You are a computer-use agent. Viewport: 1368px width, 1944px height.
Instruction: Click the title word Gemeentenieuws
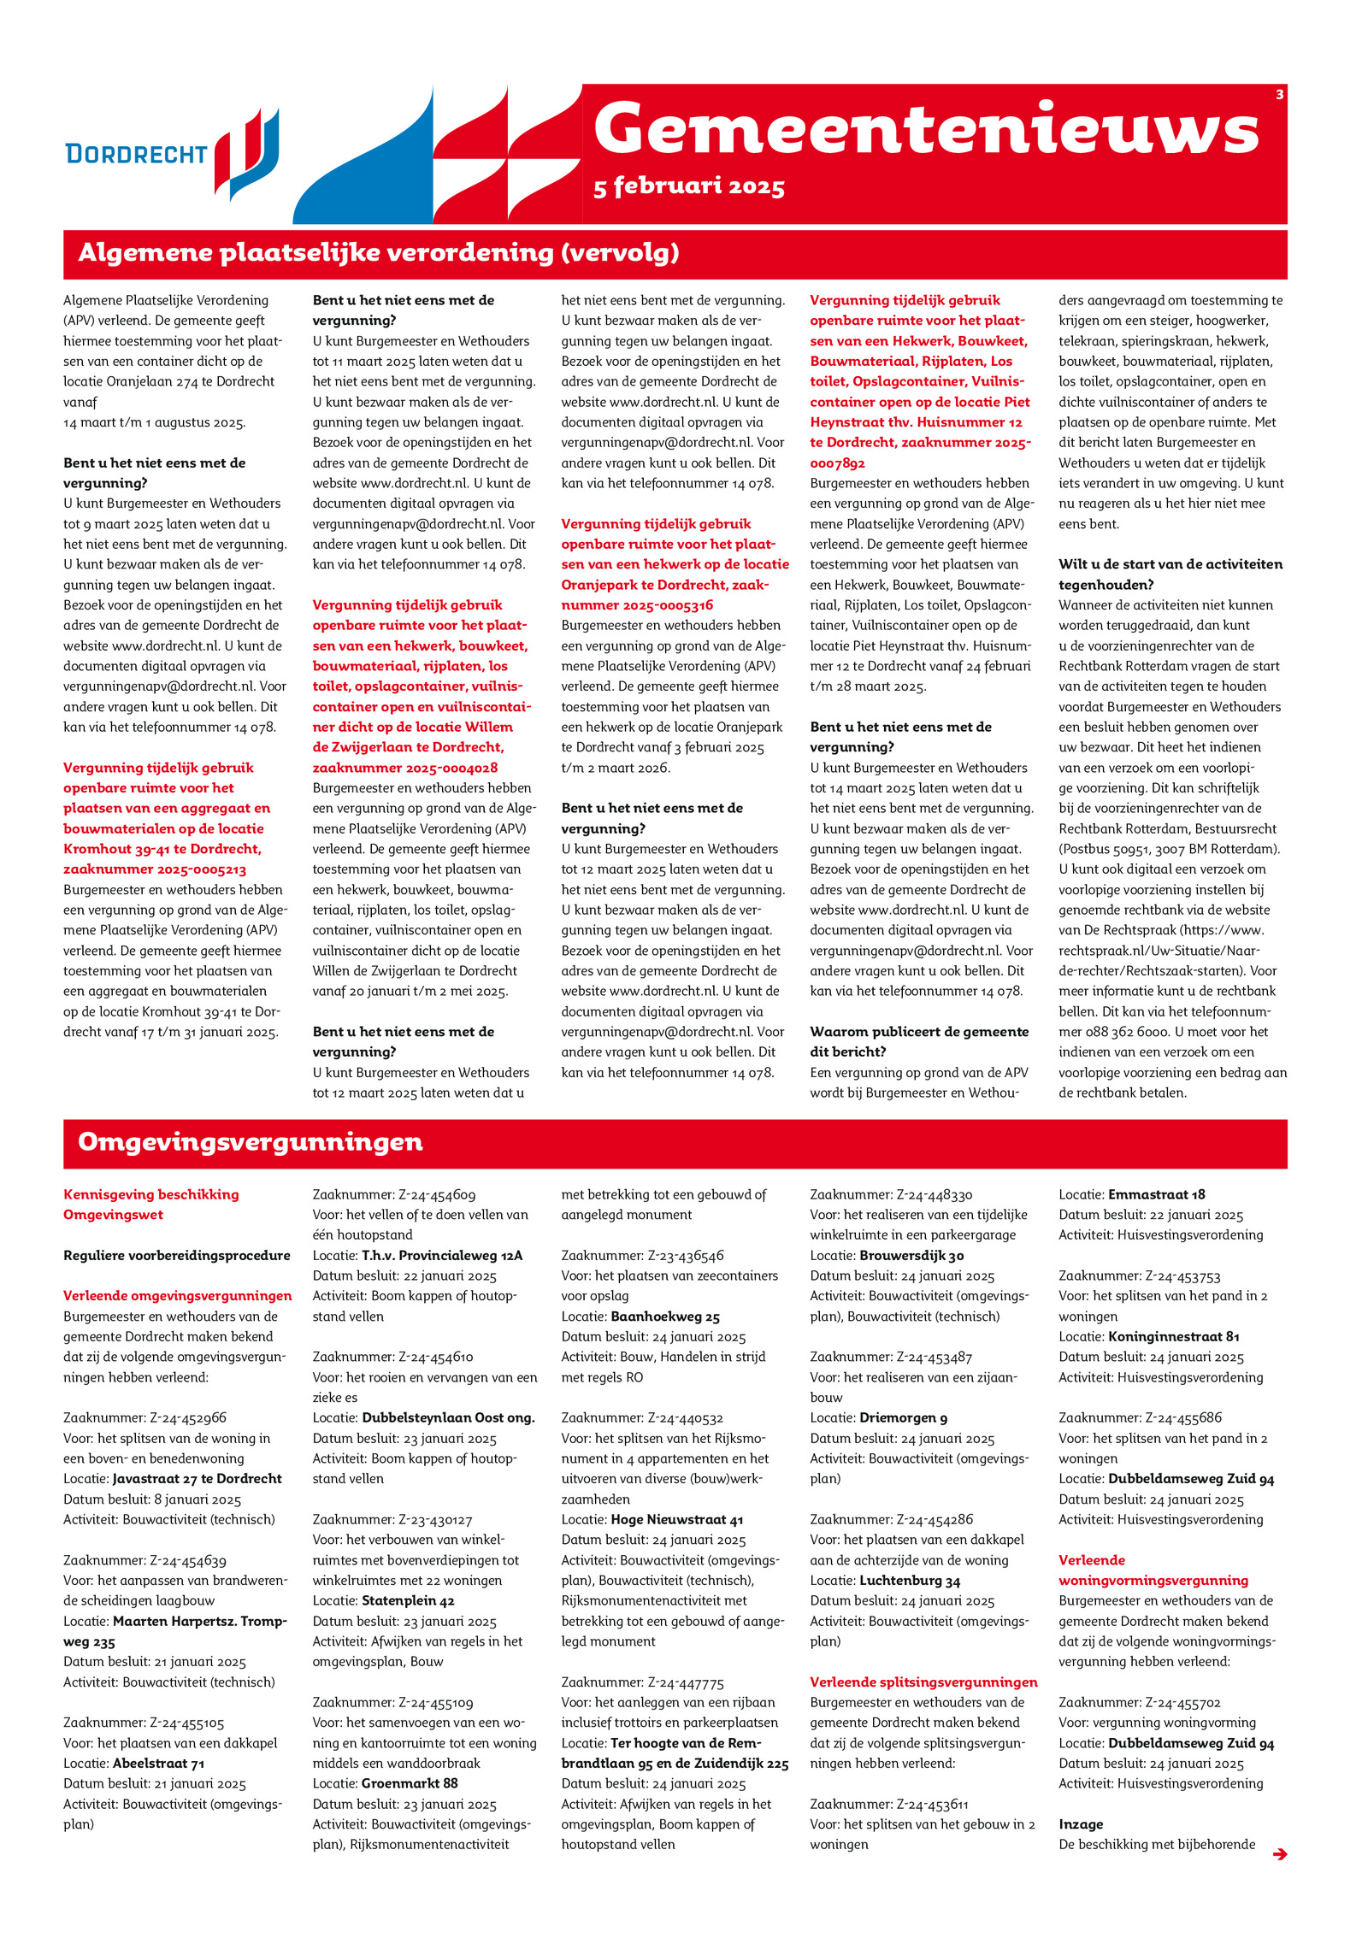[925, 130]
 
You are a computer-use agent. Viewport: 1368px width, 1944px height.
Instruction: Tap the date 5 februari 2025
[688, 186]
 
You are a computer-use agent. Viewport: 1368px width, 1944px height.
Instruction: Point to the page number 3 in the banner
[1278, 95]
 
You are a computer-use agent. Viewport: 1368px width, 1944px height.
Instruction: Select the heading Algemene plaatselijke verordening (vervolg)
[378, 253]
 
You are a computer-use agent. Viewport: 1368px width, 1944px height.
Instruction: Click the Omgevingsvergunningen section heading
[250, 1142]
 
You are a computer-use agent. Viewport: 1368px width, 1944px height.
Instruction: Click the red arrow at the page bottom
[1279, 1853]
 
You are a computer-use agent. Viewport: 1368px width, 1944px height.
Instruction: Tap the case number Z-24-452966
[186, 1417]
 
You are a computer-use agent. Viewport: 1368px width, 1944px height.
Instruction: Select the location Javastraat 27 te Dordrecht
[197, 1478]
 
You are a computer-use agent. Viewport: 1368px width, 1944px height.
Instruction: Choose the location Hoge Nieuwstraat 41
[676, 1519]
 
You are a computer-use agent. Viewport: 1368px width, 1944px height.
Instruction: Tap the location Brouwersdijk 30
[911, 1255]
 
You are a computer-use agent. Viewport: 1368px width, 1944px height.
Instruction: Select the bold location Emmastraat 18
[1156, 1194]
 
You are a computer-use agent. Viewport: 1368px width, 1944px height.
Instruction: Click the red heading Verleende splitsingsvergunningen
[923, 1682]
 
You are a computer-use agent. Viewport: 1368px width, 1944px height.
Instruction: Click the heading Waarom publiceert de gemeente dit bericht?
[919, 1041]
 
